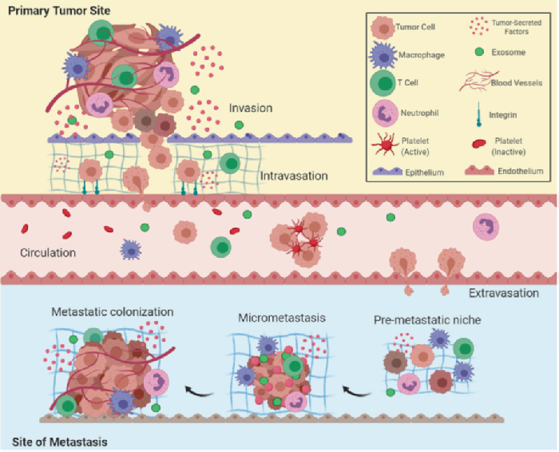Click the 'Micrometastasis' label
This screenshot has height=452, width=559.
275,319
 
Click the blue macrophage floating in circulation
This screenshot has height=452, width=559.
130,249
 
